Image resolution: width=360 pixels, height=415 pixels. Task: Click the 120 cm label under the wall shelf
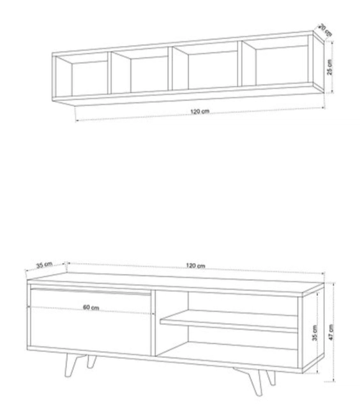pos(200,112)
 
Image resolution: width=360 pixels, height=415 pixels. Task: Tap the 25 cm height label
pos(329,67)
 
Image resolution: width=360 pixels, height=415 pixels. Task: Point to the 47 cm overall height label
pos(331,332)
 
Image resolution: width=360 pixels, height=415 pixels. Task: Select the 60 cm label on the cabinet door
pos(91,308)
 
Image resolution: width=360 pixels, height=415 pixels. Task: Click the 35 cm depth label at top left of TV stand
pos(44,265)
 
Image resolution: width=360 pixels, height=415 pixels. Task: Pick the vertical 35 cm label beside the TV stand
pos(315,333)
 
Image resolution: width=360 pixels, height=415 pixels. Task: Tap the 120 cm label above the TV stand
pos(195,266)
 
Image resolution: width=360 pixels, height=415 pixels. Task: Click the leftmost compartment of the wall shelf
pos(82,76)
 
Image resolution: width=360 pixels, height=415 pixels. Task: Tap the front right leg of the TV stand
pos(253,381)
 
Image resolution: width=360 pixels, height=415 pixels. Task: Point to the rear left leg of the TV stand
pos(91,361)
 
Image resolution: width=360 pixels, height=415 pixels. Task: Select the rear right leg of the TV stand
pos(271,378)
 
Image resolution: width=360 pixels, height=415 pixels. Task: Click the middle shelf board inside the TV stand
pos(229,321)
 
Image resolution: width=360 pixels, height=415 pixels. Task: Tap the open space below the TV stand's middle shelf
pos(227,344)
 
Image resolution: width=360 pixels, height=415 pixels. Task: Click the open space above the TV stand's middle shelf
pos(227,304)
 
